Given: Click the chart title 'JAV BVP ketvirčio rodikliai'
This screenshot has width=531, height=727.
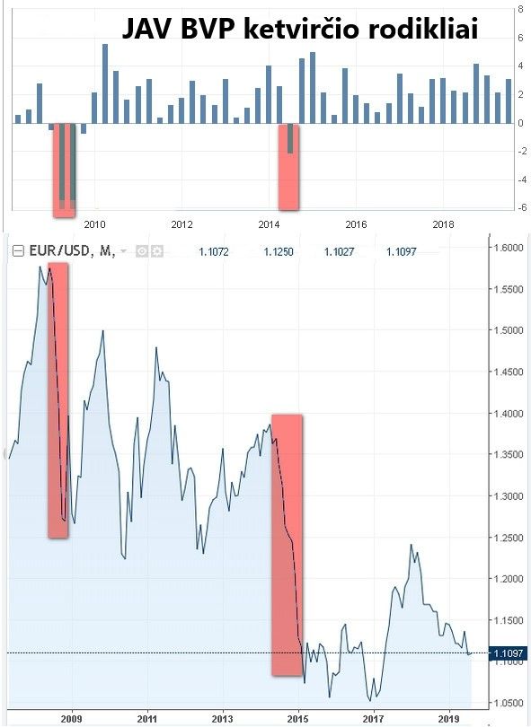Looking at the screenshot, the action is [300, 29].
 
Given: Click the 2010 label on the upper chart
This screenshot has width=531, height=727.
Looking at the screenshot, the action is [94, 224].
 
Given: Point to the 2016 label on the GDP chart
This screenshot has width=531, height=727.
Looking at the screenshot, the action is [356, 224].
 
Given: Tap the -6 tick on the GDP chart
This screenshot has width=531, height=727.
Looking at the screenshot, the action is [523, 207].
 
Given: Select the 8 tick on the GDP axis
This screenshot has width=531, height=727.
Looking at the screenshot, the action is [521, 9].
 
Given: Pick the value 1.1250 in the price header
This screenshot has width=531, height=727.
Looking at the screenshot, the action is [279, 252].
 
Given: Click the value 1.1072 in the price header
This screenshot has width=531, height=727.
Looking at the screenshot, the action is [214, 252].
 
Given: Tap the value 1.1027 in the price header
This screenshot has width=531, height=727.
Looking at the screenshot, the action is [339, 252].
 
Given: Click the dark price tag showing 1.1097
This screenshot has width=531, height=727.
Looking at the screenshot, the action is [509, 653].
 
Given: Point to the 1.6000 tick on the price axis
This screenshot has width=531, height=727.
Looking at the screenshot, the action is [509, 247].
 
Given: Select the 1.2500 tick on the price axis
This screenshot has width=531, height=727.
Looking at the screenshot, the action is [509, 538].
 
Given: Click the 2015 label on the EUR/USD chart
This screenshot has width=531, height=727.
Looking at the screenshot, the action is [298, 719].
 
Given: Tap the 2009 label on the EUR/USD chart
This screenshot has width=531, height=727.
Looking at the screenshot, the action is [72, 719].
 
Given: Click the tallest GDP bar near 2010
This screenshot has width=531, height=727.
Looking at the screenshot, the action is [105, 84].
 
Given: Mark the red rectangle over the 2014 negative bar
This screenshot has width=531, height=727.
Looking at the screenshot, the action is [288, 167].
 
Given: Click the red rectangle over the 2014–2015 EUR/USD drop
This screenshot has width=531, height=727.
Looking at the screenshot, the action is [288, 546].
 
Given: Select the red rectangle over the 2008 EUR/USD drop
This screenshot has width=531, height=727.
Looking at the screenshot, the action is [58, 400].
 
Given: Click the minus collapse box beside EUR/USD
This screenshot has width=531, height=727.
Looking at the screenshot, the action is [18, 251].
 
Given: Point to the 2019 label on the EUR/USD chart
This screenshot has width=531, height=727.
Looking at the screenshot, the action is [449, 719].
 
